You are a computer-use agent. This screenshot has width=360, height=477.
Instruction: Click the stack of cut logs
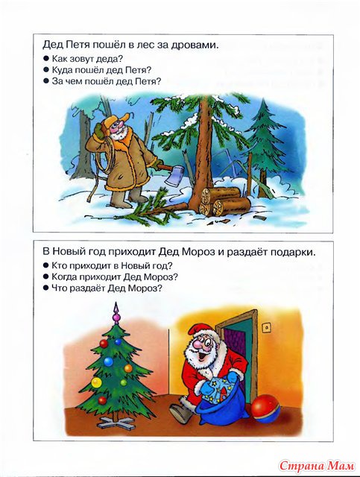coord(224,200)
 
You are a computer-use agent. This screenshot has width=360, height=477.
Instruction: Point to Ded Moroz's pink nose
coord(198,344)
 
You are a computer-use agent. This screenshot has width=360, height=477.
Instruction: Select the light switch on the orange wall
coord(267,328)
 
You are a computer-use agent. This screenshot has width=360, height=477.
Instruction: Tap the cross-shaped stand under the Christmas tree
coord(116,422)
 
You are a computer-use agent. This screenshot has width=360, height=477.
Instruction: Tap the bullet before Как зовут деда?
coord(46,57)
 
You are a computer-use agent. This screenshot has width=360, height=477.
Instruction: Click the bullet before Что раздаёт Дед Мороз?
coord(46,288)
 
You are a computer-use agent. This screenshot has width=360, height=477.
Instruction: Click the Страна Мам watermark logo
coord(317,465)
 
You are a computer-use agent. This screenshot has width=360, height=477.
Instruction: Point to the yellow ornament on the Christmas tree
coord(97,382)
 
